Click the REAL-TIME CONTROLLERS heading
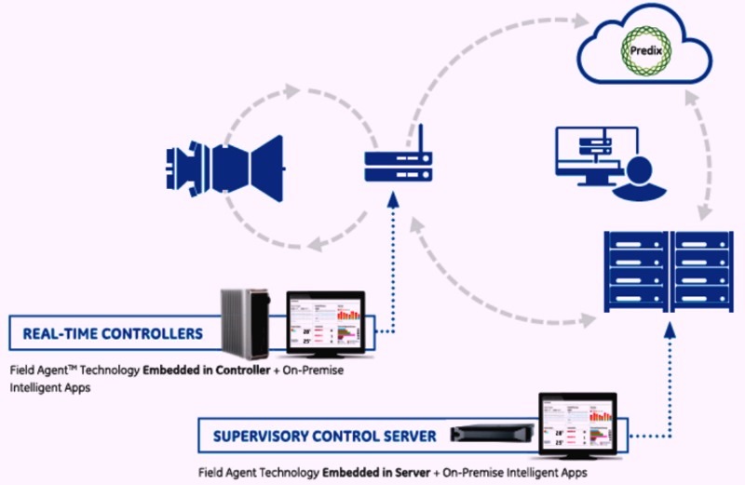coord(113,332)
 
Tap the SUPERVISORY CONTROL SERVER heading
coord(324,435)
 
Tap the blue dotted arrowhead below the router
coord(394,196)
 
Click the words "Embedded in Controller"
coord(202,369)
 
